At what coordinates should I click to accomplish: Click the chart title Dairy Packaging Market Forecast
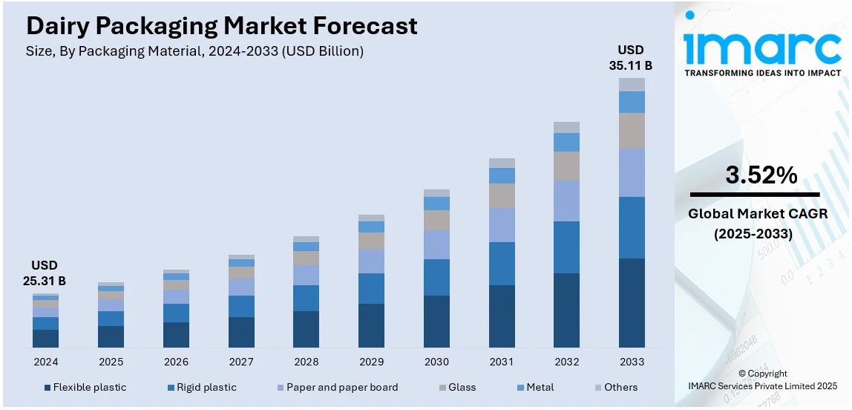point(221,26)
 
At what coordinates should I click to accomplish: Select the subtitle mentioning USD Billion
point(194,51)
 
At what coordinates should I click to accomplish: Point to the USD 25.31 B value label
point(44,273)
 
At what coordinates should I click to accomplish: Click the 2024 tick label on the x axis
point(45,362)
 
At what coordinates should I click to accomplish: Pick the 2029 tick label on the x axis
point(371,362)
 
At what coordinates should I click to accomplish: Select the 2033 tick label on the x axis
point(632,362)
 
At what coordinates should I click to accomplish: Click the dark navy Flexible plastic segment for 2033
point(632,302)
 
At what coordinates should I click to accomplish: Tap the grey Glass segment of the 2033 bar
point(632,131)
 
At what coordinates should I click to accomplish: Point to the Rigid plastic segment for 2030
point(436,277)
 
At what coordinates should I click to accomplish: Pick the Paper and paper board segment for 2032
point(567,201)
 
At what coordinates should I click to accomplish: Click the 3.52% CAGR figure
point(761,175)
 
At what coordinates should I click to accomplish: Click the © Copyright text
point(762,374)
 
